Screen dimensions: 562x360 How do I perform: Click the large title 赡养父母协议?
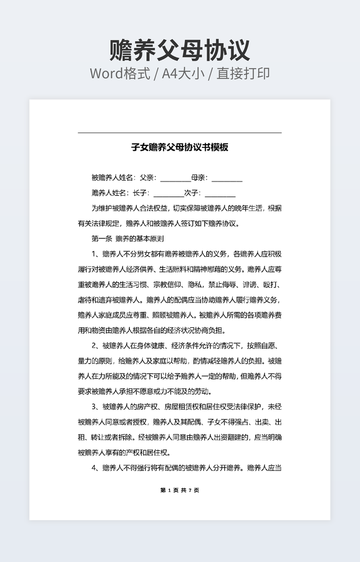179,51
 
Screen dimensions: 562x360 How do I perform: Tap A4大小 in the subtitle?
183,73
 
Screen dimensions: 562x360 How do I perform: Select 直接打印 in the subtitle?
242,73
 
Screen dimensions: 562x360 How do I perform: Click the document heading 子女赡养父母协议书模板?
179,147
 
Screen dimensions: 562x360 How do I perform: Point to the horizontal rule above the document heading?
179,133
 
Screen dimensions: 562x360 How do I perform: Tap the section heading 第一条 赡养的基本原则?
128,239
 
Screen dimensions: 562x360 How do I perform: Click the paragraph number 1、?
96,254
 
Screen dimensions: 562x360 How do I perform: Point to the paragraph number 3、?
96,407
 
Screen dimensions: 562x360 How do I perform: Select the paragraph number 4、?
96,468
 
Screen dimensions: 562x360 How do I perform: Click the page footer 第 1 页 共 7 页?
179,490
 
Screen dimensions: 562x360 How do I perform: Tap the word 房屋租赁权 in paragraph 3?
168,407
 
